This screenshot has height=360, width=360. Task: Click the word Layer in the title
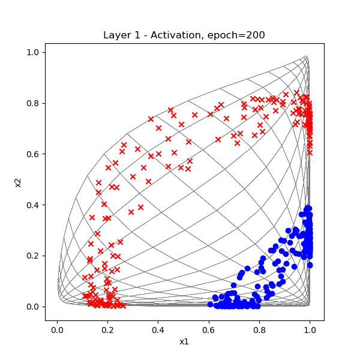tap(116, 35)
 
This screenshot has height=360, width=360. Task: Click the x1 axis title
tap(184, 341)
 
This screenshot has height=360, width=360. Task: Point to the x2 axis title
tap(18, 179)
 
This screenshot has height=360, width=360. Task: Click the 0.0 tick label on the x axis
tap(57, 330)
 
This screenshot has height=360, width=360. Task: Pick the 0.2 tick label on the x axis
tap(107, 330)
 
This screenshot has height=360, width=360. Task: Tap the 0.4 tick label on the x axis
tap(158, 330)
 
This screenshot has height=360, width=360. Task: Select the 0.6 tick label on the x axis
tap(209, 330)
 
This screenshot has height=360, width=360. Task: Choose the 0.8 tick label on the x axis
tap(260, 330)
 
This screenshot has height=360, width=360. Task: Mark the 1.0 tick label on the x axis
tap(310, 330)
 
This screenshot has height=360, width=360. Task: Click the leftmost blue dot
tap(210, 304)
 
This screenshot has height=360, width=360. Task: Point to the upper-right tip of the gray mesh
tap(306, 56)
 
